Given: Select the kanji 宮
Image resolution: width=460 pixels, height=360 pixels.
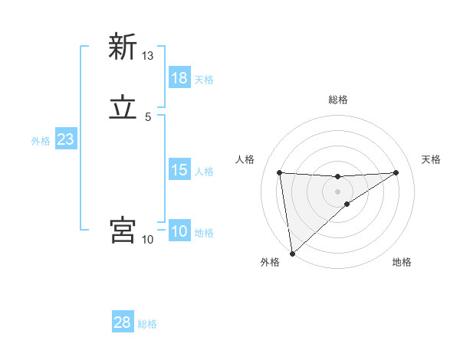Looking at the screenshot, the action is click(122, 231).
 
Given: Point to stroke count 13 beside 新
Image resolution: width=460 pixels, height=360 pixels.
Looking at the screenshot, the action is click(148, 56).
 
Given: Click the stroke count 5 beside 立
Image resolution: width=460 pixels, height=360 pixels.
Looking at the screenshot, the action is click(148, 118).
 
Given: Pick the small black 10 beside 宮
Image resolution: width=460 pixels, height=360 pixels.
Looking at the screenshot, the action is click(148, 241).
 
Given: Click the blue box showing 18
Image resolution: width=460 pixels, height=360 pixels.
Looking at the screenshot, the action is click(179, 78).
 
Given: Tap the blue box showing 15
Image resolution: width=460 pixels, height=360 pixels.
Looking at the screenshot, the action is click(179, 170).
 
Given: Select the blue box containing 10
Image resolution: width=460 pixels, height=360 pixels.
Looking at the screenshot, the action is click(179, 231).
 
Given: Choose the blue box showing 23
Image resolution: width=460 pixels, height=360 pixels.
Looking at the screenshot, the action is click(66, 139).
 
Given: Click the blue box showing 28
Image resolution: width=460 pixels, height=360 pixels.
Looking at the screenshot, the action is click(123, 322).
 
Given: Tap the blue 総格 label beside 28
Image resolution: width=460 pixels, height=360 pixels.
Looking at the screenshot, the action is click(147, 324).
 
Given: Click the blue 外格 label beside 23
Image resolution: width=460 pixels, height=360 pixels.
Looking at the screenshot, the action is click(41, 141).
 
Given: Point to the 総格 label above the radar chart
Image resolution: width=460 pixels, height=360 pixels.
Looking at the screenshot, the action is click(338, 100).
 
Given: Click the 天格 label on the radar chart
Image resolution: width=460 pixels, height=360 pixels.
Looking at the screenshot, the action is click(432, 159).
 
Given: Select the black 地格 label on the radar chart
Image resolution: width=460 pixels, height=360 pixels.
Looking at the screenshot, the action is click(402, 263).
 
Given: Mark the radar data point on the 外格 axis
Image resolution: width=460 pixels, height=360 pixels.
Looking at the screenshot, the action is click(291, 254).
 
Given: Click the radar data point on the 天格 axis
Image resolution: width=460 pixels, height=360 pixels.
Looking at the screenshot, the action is click(396, 172).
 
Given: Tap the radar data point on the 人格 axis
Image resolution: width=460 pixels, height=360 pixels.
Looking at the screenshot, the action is click(280, 172).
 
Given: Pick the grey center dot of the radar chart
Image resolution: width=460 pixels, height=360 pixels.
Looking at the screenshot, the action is click(338, 191).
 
